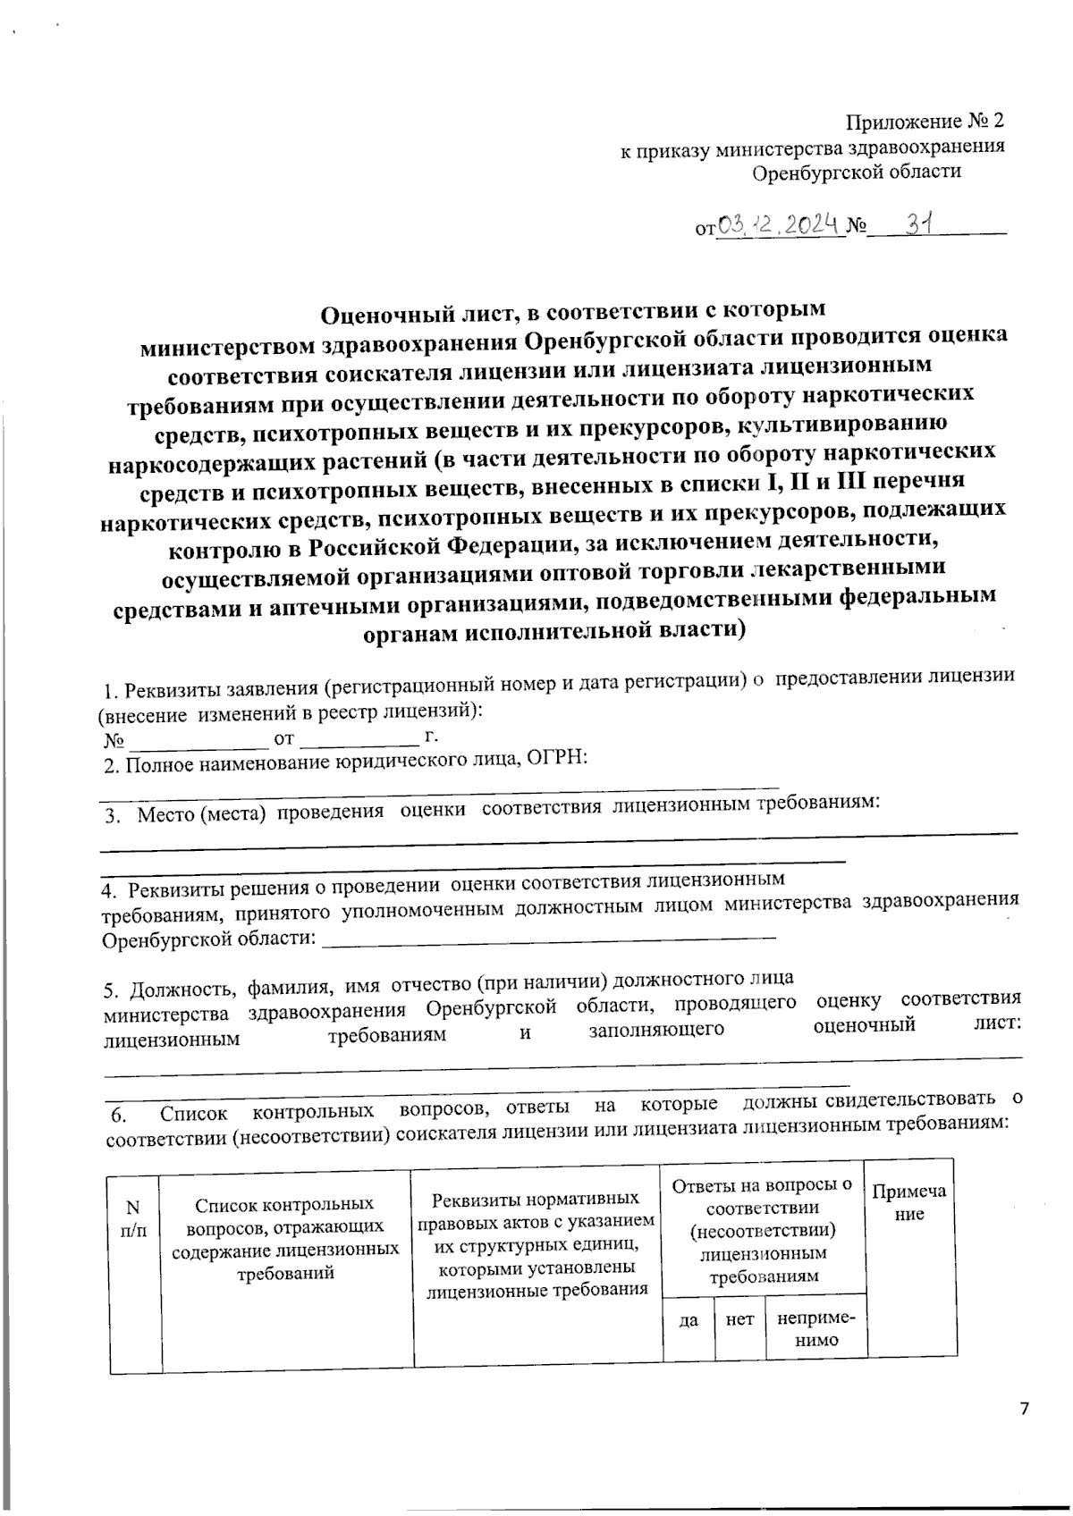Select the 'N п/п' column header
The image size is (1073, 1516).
tap(133, 1218)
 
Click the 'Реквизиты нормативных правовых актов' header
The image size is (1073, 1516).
tap(536, 1242)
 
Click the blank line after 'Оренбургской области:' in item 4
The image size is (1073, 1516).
tap(547, 938)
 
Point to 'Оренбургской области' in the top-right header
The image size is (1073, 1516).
tap(856, 172)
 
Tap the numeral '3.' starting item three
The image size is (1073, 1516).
tap(112, 814)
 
